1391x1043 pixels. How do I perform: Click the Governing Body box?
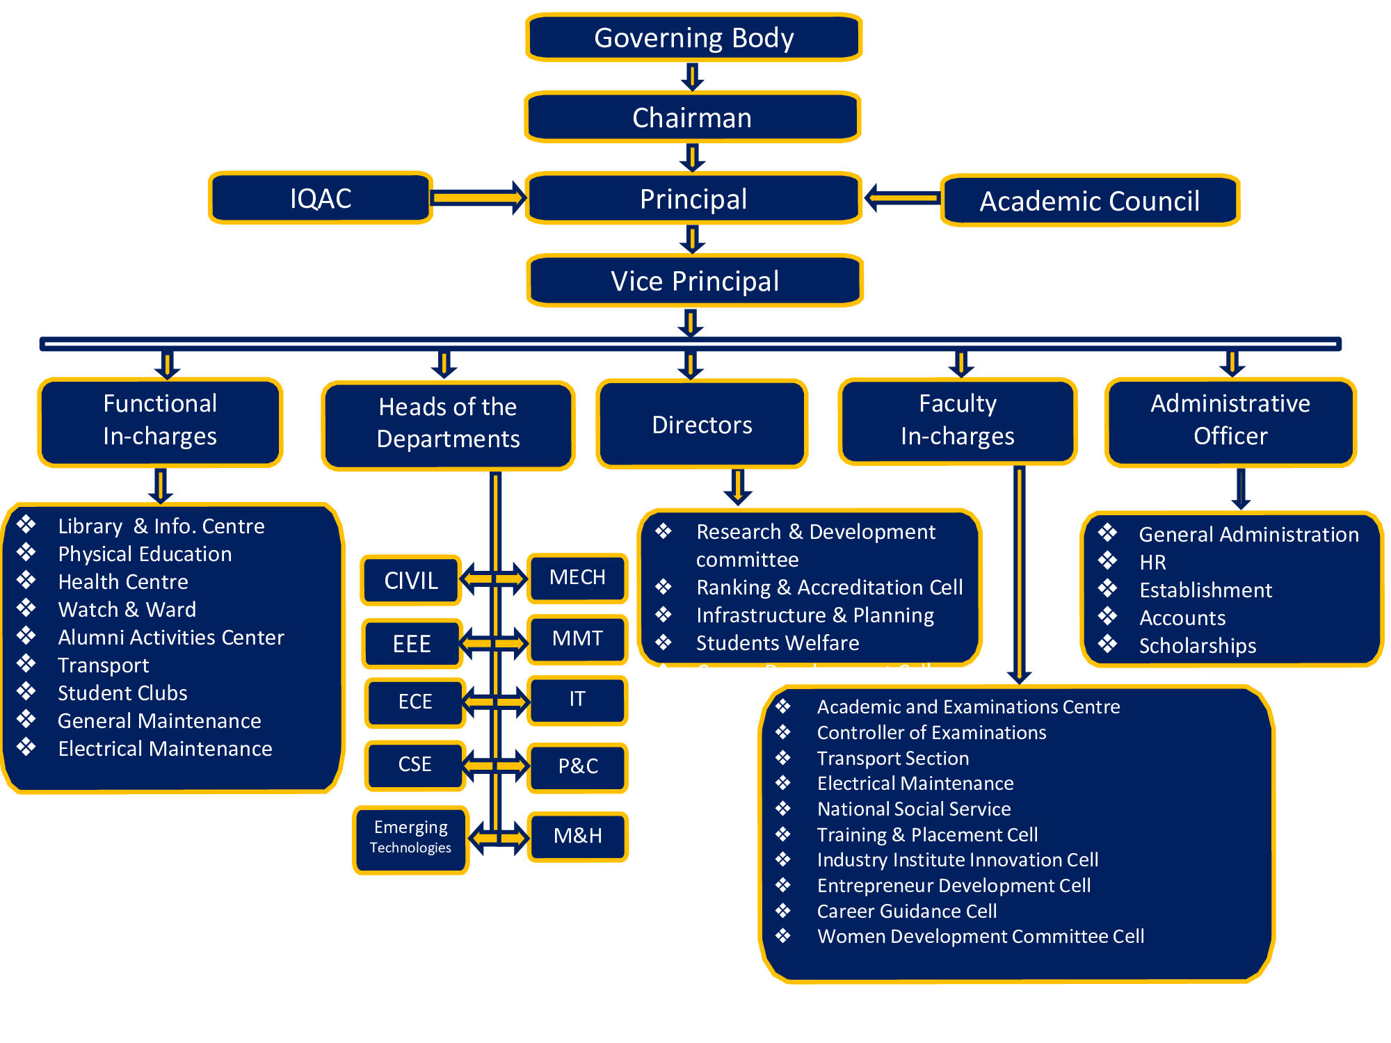coord(693,38)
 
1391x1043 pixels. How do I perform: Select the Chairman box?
coord(693,118)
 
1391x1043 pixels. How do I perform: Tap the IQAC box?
coord(321,198)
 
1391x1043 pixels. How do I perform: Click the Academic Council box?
coord(1090,201)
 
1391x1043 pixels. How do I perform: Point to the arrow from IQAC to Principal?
coord(479,198)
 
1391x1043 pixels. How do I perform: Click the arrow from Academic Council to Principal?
coord(903,198)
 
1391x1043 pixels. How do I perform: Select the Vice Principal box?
coord(695,281)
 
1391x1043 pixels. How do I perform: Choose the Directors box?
coord(702,424)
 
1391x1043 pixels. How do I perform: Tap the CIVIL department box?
coord(411,580)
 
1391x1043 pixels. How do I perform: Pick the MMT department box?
coord(577,638)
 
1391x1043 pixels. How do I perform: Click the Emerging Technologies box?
coord(410,837)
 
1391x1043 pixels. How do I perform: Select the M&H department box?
coord(577,836)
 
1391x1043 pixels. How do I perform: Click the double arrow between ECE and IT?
coord(495,702)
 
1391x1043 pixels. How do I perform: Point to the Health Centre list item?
coord(123,581)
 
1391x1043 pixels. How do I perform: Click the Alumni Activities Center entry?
coord(171,637)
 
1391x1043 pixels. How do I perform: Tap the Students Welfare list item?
coord(778,642)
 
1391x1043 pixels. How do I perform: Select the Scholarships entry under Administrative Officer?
coord(1198,645)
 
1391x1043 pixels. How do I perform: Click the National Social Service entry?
coord(914,809)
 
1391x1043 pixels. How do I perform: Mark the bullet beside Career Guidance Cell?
coord(783,910)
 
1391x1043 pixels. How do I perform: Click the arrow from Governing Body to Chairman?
coord(693,76)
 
